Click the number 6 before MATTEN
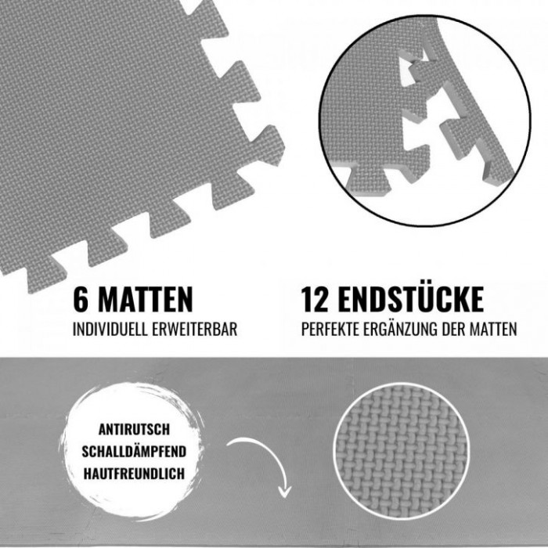(x=81, y=300)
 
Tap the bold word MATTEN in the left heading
(x=146, y=300)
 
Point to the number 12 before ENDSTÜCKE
(x=315, y=300)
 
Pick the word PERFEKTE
(x=330, y=330)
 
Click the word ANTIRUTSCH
(x=134, y=430)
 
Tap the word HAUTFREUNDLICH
(x=134, y=474)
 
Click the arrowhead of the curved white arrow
(x=285, y=492)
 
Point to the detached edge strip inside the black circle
(x=465, y=105)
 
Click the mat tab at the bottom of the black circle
(x=370, y=180)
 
